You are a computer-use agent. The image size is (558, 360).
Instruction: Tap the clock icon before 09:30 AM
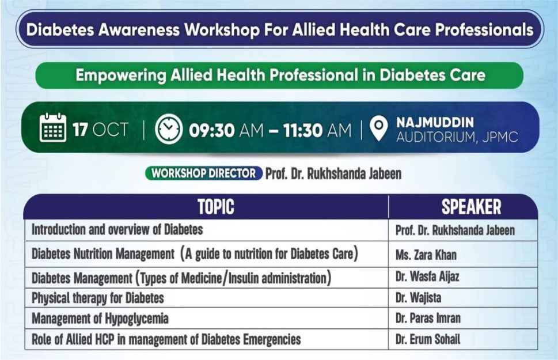(x=169, y=129)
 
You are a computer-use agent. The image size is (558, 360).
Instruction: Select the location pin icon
(x=379, y=128)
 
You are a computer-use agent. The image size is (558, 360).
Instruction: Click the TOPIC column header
(x=215, y=207)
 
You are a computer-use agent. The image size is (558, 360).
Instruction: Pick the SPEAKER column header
(x=471, y=207)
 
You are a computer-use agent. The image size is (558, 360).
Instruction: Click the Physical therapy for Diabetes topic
(x=98, y=298)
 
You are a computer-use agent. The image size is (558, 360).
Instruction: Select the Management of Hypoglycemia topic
(x=100, y=319)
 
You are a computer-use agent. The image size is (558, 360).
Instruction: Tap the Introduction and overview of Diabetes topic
(x=117, y=230)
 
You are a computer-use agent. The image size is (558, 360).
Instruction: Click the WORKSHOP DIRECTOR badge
(x=203, y=173)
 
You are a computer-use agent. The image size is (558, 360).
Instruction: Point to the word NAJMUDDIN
(x=435, y=122)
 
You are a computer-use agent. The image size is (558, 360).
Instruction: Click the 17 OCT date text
(x=100, y=129)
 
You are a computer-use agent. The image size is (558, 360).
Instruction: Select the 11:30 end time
(x=303, y=130)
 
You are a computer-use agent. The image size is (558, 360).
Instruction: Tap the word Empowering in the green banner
(x=120, y=75)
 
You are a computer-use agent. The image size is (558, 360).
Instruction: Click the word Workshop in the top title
(x=222, y=30)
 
